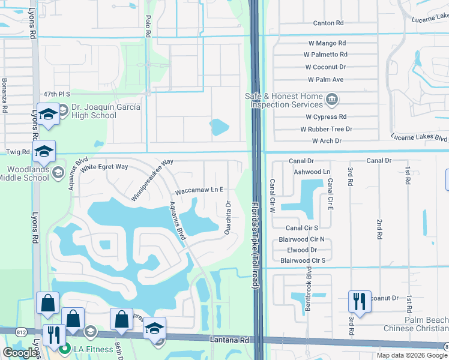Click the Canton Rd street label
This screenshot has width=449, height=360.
pos(328,23)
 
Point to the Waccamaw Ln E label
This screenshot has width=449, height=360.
pos(199,190)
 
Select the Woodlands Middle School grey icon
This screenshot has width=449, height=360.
pos(58,173)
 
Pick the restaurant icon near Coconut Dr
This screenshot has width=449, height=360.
pos(360,301)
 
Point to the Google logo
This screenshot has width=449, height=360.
pos(20,353)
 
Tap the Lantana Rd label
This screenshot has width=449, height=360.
pos(229,340)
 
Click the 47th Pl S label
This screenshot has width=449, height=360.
pos(57,94)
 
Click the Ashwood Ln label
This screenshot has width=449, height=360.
pos(312,171)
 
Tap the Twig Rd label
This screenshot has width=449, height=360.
pos(13,152)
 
